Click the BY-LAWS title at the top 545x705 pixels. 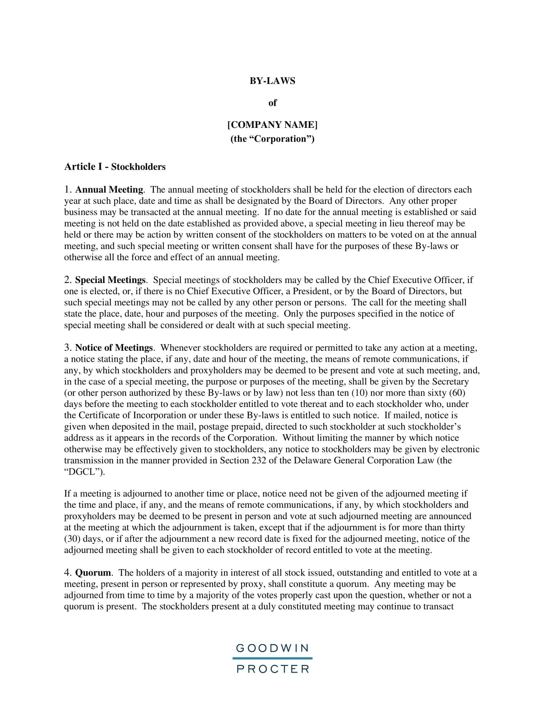click(x=272, y=81)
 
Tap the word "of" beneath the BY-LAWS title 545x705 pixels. click(x=272, y=103)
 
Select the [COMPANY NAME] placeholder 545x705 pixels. click(x=272, y=125)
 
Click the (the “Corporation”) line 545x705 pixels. click(x=272, y=139)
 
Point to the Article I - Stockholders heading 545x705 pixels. click(x=115, y=167)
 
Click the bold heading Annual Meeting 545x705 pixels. click(x=109, y=189)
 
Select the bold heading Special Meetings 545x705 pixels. click(x=110, y=279)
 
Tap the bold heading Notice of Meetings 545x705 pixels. click(x=114, y=348)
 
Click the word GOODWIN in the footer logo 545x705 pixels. click(x=272, y=648)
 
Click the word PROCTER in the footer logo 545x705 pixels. click(x=272, y=668)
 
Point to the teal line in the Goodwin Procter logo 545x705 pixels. click(x=272, y=658)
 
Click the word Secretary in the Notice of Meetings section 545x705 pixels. click(x=450, y=382)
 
